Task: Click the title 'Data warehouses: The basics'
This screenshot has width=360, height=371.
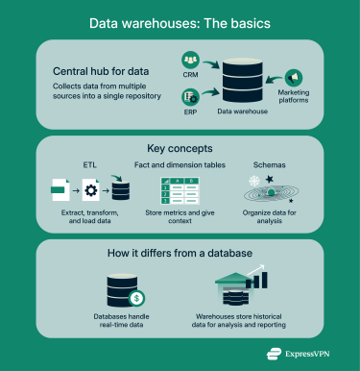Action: [x=180, y=22]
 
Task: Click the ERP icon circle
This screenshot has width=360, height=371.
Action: [x=189, y=96]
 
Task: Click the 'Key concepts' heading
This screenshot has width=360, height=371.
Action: [x=180, y=150]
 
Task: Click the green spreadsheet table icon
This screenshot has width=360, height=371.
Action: [x=180, y=192]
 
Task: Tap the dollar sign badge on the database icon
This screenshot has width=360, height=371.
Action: [x=138, y=297]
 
